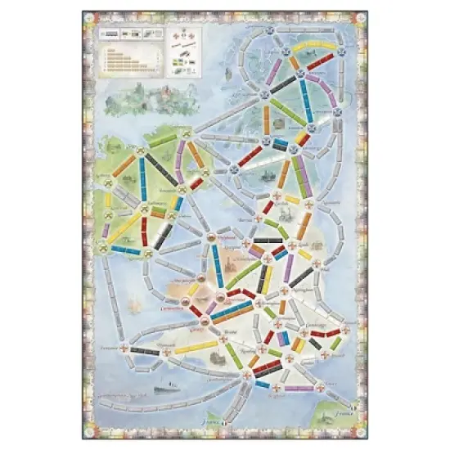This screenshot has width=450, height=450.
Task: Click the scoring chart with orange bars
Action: coord(121,58)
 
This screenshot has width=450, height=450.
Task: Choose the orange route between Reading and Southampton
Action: coord(254,360)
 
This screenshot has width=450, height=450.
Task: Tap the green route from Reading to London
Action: coord(274,353)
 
